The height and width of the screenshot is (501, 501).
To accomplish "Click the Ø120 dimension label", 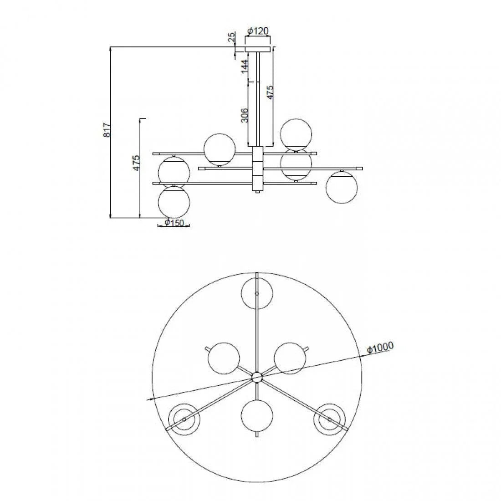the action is (x=258, y=31).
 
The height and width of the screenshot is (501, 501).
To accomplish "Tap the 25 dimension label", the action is (x=232, y=37).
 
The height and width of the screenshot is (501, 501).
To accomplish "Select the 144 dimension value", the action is (x=245, y=67).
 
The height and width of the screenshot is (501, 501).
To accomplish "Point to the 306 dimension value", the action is (x=245, y=115).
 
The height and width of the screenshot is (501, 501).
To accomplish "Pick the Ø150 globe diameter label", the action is (x=175, y=223).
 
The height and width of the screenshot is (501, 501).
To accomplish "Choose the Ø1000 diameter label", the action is (x=380, y=348).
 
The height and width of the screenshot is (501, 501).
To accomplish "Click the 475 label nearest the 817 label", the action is (x=137, y=163).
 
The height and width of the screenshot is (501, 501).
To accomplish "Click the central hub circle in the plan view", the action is (x=257, y=378).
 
